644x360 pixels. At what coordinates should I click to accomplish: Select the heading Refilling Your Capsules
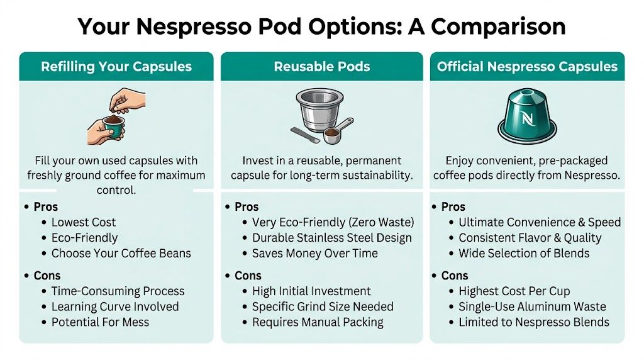tap(116, 67)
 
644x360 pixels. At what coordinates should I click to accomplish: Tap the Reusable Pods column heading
tap(321, 67)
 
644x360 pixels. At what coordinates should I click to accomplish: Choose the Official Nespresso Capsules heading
tap(527, 67)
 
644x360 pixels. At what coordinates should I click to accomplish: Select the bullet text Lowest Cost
tap(84, 222)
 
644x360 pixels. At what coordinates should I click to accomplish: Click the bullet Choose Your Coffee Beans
tap(121, 254)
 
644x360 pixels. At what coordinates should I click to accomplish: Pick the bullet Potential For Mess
tap(100, 322)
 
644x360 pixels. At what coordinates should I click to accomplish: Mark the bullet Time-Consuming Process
tap(118, 291)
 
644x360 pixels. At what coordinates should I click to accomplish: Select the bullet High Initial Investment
tap(311, 291)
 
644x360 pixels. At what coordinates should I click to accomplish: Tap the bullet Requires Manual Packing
tap(318, 322)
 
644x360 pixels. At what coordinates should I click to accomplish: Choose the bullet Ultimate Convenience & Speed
tap(539, 222)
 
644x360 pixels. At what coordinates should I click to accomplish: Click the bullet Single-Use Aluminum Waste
tap(532, 307)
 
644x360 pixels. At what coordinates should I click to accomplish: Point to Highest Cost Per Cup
tap(514, 291)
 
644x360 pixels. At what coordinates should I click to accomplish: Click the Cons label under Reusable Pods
tap(248, 276)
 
